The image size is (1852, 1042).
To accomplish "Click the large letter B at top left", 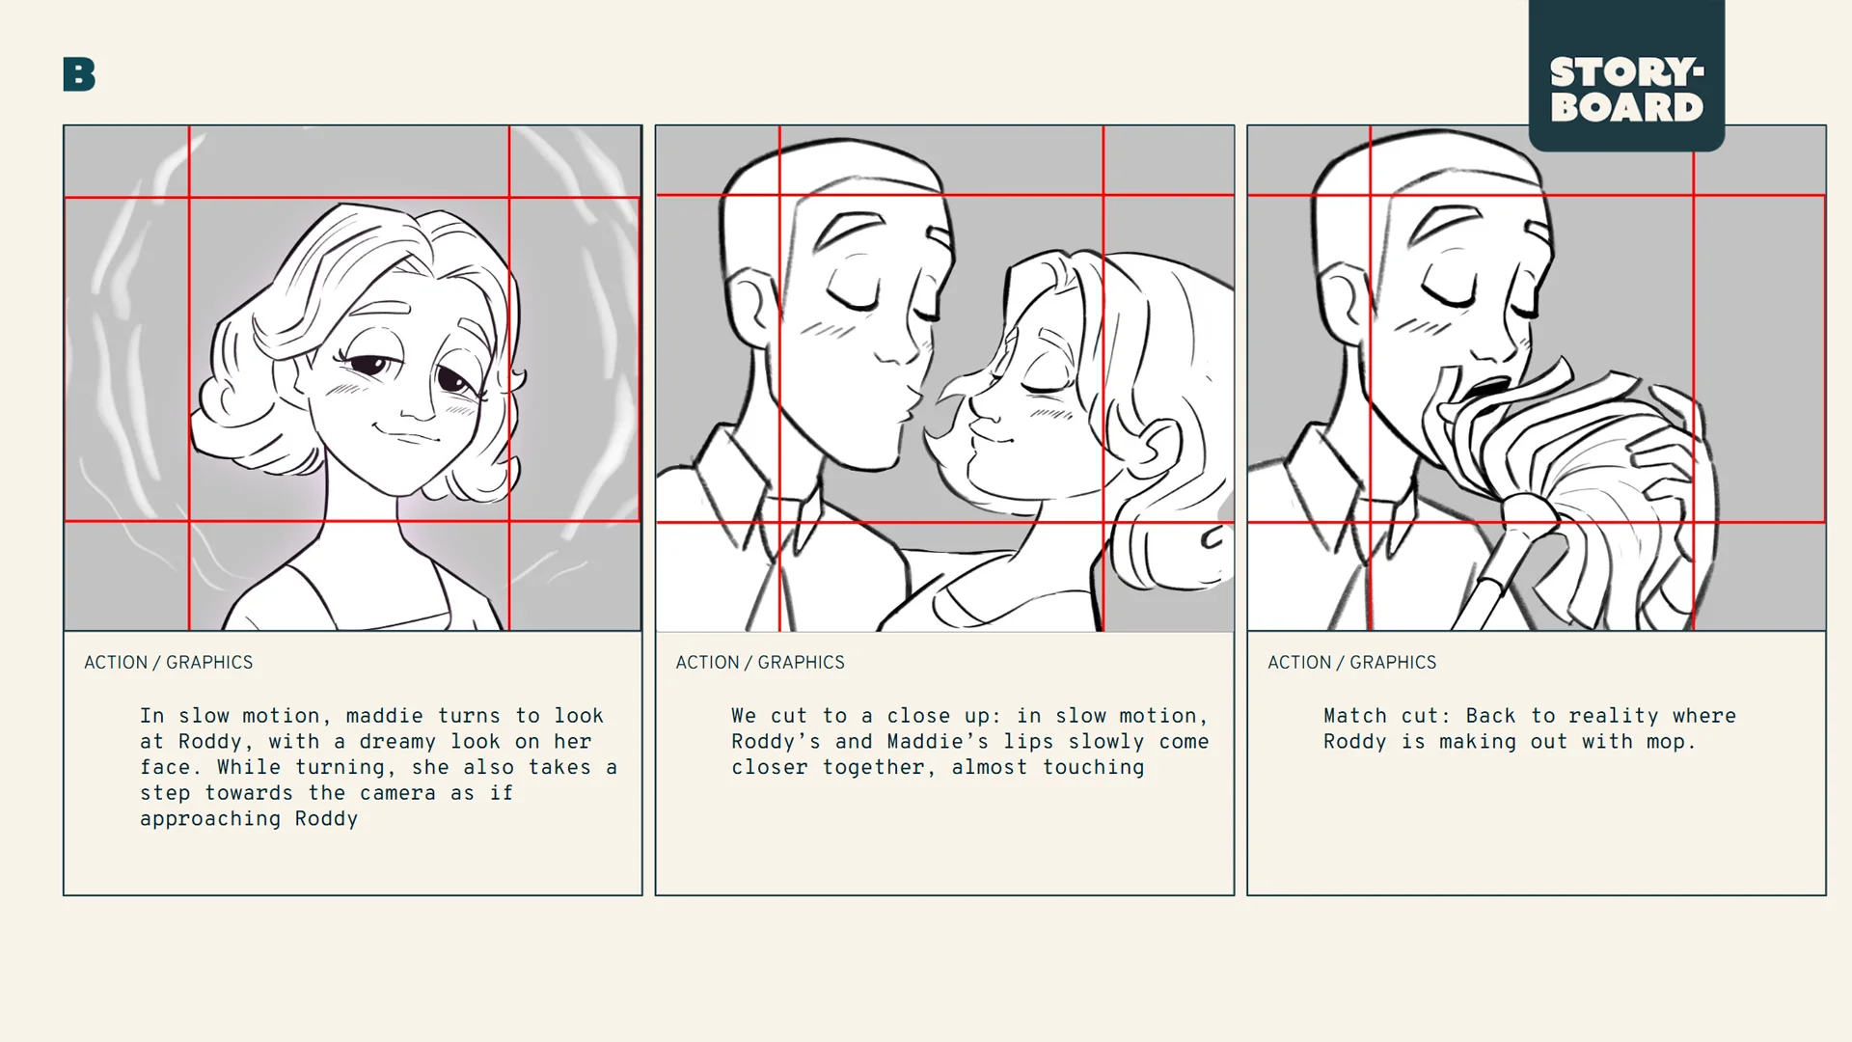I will tap(79, 74).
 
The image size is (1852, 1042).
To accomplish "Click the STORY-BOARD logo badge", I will tap(1626, 89).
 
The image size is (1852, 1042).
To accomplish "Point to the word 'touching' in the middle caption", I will tap(1093, 768).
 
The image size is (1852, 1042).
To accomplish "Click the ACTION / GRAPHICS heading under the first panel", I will tap(169, 663).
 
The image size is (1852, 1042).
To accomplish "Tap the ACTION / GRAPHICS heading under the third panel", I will tap(1351, 663).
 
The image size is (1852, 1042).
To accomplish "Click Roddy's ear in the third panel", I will tap(1343, 299).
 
